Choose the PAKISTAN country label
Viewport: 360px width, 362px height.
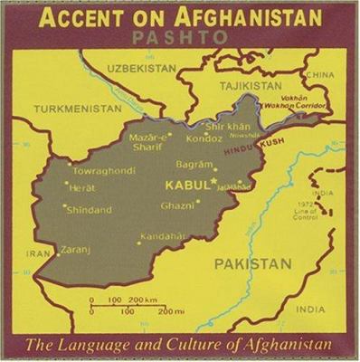coord(253,263)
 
